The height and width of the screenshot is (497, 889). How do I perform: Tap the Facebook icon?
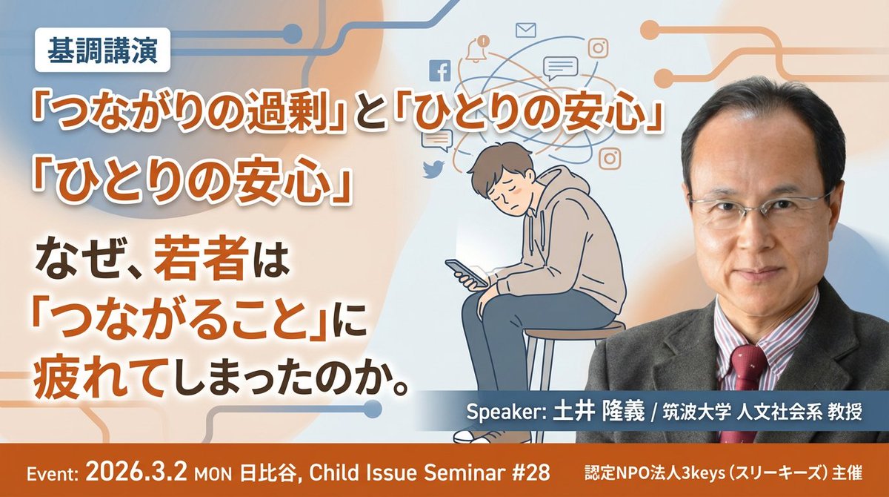pos(440,72)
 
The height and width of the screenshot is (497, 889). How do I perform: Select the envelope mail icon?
pos(525,30)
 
